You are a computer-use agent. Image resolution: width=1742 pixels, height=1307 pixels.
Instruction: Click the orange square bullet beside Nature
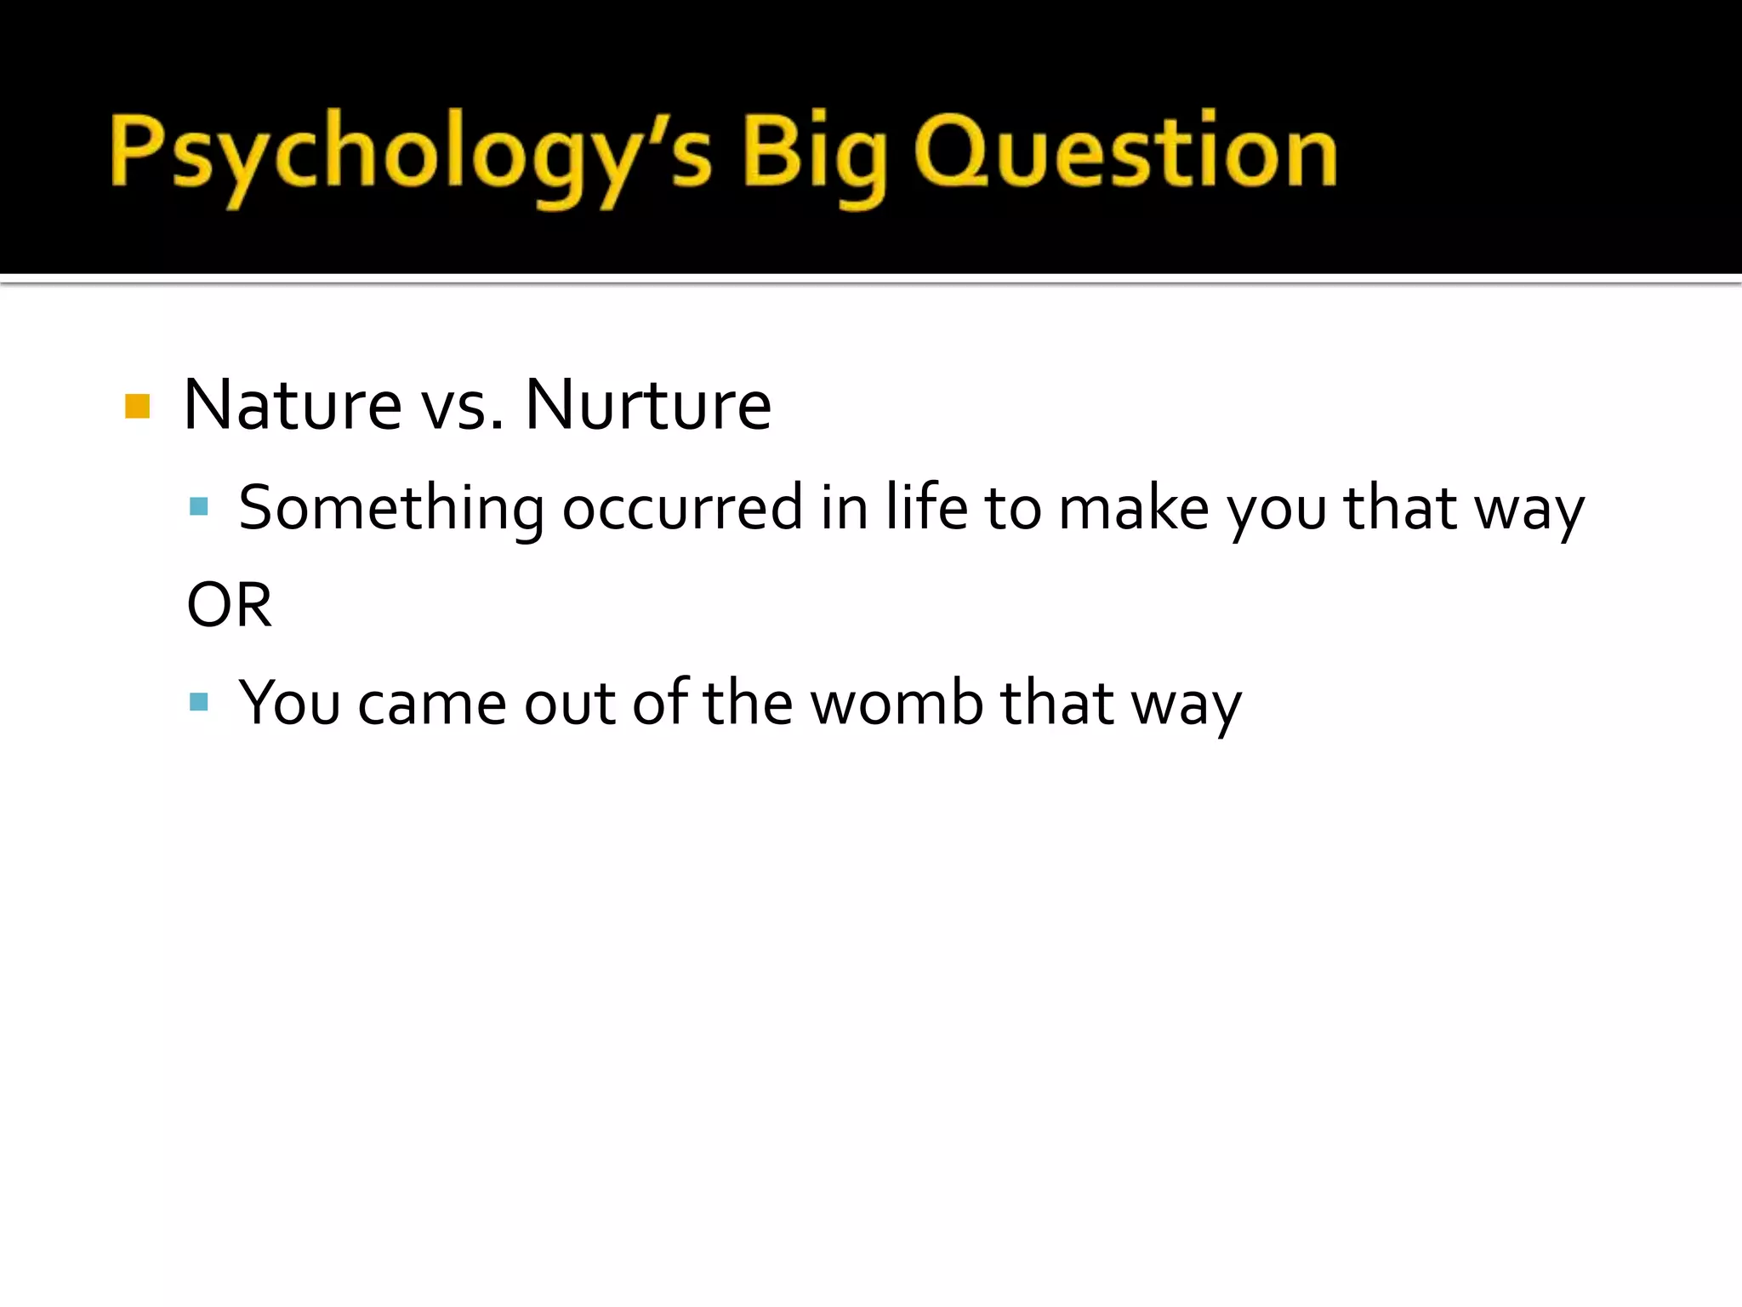[137, 406]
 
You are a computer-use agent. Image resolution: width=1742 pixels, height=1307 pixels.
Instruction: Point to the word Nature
[293, 405]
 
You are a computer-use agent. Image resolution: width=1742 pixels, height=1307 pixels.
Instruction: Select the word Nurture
[648, 405]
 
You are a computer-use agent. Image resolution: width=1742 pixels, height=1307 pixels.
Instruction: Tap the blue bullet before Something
[199, 507]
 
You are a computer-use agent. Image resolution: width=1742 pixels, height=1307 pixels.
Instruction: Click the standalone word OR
[230, 605]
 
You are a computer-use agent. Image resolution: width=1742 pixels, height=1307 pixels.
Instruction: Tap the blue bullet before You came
[199, 702]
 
